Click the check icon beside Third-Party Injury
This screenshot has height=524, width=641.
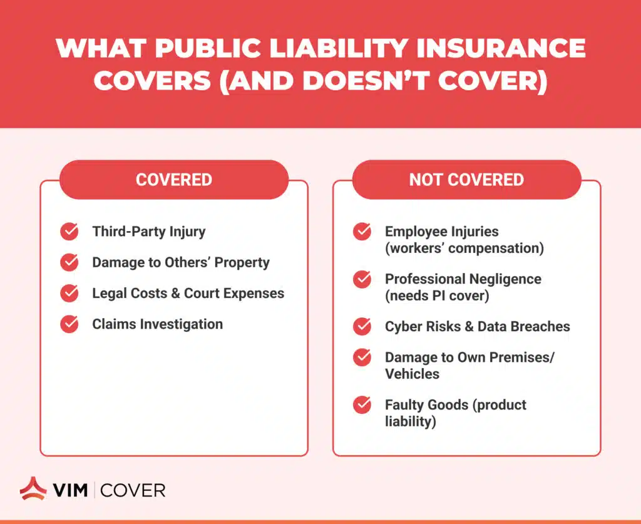[x=69, y=232]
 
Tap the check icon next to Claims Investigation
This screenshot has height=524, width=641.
[x=69, y=324]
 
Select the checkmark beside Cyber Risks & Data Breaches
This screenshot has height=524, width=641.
[x=362, y=326]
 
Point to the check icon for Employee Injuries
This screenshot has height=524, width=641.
[x=362, y=232]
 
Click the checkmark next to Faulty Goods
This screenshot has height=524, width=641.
[x=362, y=404]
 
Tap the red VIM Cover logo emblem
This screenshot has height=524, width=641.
[x=33, y=488]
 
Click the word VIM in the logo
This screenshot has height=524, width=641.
[x=70, y=490]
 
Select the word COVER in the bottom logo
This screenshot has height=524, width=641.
[x=133, y=490]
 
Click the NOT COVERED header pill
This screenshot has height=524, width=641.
[x=466, y=180]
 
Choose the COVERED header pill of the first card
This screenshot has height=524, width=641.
[x=174, y=180]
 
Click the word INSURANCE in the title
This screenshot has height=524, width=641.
[x=501, y=48]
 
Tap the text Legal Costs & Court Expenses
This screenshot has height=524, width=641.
[x=188, y=293]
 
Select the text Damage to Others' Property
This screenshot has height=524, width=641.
[x=181, y=262]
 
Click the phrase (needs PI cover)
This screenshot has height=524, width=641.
[x=437, y=295]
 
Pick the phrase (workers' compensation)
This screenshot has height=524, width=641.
[x=464, y=248]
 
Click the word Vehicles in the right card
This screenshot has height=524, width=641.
[x=412, y=374]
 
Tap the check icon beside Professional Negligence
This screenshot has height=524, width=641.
[x=362, y=279]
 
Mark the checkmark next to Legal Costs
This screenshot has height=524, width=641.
[x=69, y=293]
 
